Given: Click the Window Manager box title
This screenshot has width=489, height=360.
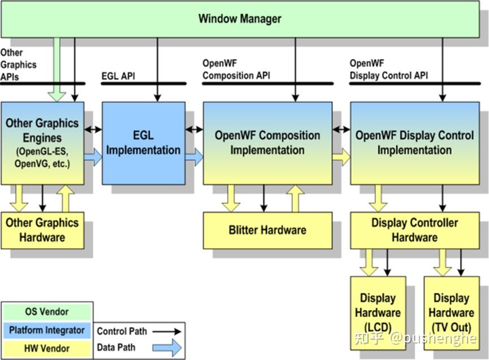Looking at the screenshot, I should (x=240, y=19).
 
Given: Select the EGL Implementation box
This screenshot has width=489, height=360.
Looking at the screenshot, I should (x=144, y=143).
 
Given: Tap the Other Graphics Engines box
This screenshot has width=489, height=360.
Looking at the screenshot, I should (x=42, y=143).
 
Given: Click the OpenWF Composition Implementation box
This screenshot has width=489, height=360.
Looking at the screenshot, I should (x=267, y=143).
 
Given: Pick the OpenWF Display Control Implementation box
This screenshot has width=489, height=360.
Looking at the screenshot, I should (x=414, y=143).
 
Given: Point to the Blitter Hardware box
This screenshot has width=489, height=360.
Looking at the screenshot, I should (x=267, y=230).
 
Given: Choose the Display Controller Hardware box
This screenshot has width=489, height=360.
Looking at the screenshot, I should (x=414, y=230).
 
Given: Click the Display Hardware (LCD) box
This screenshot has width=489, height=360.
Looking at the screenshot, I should (x=378, y=313).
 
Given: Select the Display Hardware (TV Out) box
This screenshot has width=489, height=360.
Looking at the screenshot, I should (x=451, y=313).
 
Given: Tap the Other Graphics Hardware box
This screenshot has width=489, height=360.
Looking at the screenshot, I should (x=42, y=230).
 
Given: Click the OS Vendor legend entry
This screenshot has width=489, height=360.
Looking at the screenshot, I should (x=47, y=312).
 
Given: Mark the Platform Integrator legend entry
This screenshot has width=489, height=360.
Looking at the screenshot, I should (x=47, y=330).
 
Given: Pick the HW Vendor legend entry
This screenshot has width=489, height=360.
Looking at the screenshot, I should (x=47, y=348).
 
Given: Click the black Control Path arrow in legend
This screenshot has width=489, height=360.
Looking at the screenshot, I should (x=170, y=332).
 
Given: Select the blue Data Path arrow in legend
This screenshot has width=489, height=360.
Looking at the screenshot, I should (x=170, y=348).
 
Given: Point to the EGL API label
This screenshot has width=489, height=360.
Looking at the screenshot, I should (x=118, y=76).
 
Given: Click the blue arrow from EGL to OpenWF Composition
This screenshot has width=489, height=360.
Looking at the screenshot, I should (x=194, y=157).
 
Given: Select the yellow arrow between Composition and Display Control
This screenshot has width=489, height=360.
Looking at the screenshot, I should (x=341, y=157).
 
